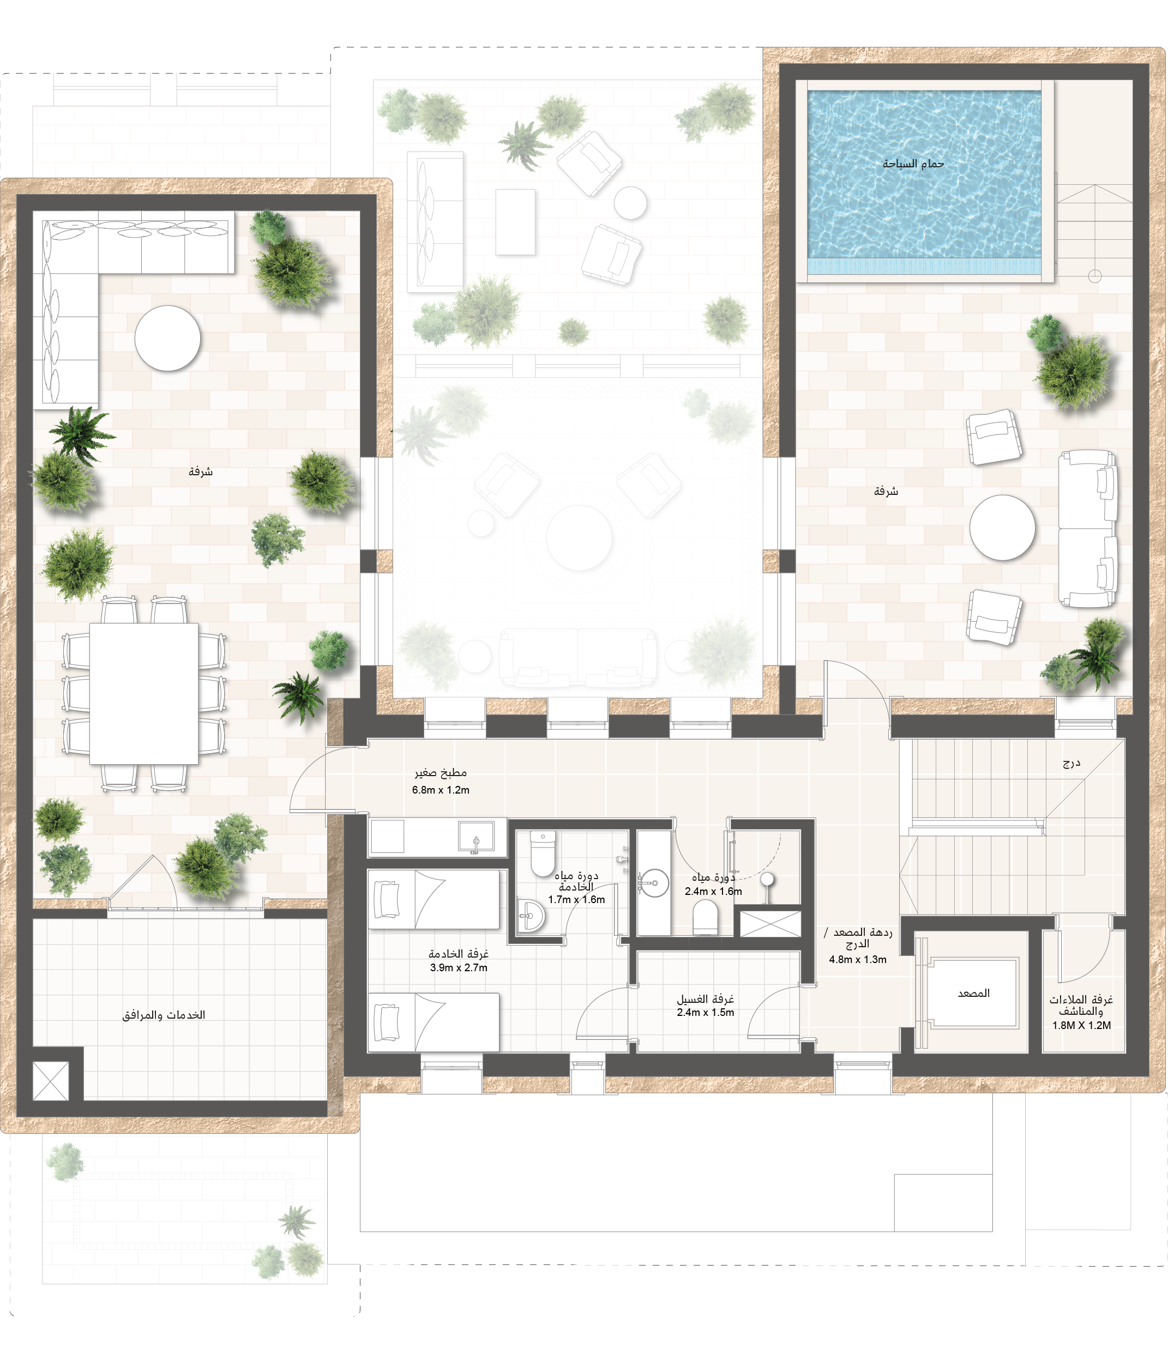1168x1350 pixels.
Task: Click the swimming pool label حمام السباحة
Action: (913, 164)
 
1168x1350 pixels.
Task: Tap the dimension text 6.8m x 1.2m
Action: (441, 790)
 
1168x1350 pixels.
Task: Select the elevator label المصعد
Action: (974, 993)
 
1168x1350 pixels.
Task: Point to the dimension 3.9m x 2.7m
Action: (458, 967)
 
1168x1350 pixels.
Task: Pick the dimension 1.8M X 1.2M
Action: (1081, 1025)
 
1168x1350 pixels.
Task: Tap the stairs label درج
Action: (1071, 763)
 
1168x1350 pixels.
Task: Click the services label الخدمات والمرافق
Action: (164, 1014)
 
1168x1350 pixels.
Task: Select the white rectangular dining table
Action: (144, 693)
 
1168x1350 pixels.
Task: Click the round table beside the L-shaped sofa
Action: (167, 338)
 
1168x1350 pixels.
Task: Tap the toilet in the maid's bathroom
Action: (542, 853)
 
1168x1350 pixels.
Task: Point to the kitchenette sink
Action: (476, 837)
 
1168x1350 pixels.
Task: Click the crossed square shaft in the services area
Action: (51, 1081)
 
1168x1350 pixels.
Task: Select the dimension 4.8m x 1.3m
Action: (858, 959)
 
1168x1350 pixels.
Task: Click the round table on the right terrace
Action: (1002, 527)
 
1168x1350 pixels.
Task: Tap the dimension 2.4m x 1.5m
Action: (705, 1012)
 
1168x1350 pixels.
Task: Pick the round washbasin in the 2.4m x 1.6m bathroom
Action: (653, 883)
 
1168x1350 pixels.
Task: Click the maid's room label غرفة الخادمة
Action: (458, 954)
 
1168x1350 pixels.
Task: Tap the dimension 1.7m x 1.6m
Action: (576, 899)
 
